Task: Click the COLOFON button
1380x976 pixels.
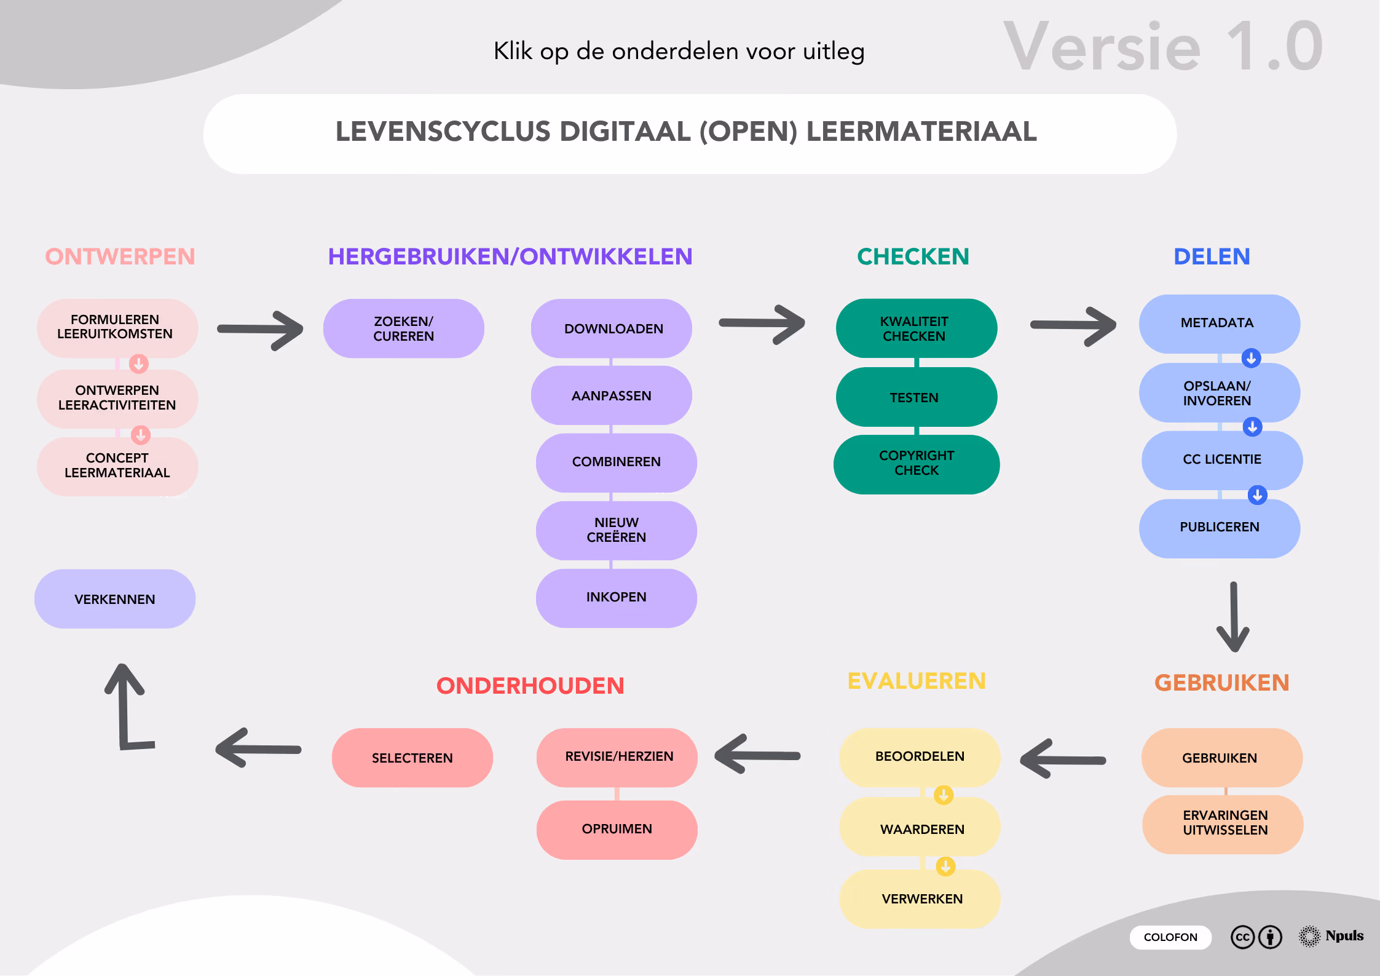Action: click(x=1170, y=937)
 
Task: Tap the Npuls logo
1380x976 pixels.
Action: click(x=1331, y=936)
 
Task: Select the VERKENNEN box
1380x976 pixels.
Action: click(x=115, y=599)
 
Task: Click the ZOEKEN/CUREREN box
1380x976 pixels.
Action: click(x=404, y=328)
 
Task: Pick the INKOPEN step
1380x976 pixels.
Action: click(x=616, y=597)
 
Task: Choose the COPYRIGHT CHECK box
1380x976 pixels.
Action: click(x=916, y=463)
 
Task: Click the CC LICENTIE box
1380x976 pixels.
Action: click(x=1221, y=459)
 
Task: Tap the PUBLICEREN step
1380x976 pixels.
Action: click(x=1219, y=528)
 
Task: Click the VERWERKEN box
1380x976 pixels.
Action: click(x=921, y=899)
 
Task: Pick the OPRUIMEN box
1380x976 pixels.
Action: click(x=617, y=829)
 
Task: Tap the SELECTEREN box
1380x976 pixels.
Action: click(x=412, y=758)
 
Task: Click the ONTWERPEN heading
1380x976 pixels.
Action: click(x=120, y=256)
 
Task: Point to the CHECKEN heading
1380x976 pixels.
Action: click(x=913, y=256)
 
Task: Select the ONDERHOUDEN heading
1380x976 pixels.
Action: click(x=530, y=686)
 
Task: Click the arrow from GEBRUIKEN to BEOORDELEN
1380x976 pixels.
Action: click(x=1063, y=760)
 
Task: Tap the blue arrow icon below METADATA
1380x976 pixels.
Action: click(x=1251, y=358)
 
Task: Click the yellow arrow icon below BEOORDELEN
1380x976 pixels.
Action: click(x=944, y=795)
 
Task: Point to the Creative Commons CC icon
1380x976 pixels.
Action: click(x=1242, y=937)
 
